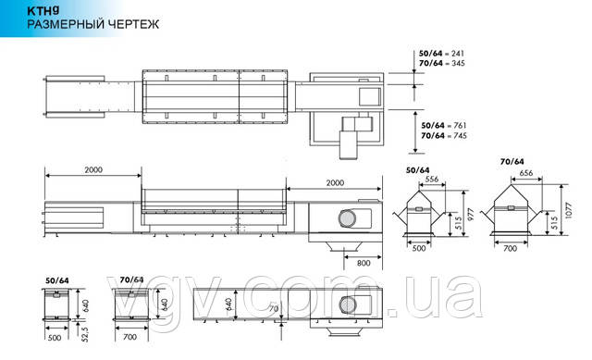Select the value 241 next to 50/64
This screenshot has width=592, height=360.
457,54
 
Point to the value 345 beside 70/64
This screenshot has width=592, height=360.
458,63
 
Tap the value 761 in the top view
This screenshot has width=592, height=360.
460,126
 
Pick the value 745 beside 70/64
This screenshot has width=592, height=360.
460,135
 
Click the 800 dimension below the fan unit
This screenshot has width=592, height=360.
364,263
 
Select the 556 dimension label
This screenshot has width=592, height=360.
432,179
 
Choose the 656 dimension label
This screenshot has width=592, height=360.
526,173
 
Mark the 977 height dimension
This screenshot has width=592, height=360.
471,214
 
